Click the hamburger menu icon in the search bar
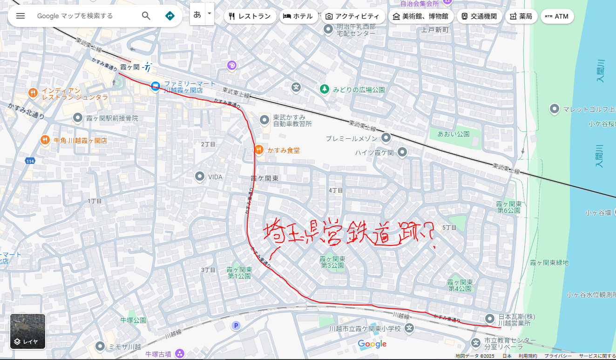pyautogui.click(x=20, y=16)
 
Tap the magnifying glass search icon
pyautogui.click(x=146, y=16)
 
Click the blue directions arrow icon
pyautogui.click(x=170, y=16)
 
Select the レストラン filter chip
pyautogui.click(x=250, y=16)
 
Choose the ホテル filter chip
pyautogui.click(x=298, y=16)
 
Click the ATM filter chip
pyautogui.click(x=557, y=16)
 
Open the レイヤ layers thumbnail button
pyautogui.click(x=28, y=332)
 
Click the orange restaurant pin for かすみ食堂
pyautogui.click(x=259, y=149)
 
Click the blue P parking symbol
pyautogui.click(x=237, y=326)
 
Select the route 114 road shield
pyautogui.click(x=30, y=161)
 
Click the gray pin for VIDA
pyautogui.click(x=200, y=177)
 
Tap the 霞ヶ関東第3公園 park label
pyautogui.click(x=332, y=262)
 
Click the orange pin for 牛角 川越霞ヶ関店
pyautogui.click(x=45, y=139)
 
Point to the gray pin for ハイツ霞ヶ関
pyautogui.click(x=402, y=152)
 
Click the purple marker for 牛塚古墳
pyautogui.click(x=179, y=353)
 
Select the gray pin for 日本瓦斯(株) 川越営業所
pyautogui.click(x=489, y=319)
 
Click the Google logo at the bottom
pyautogui.click(x=372, y=344)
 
